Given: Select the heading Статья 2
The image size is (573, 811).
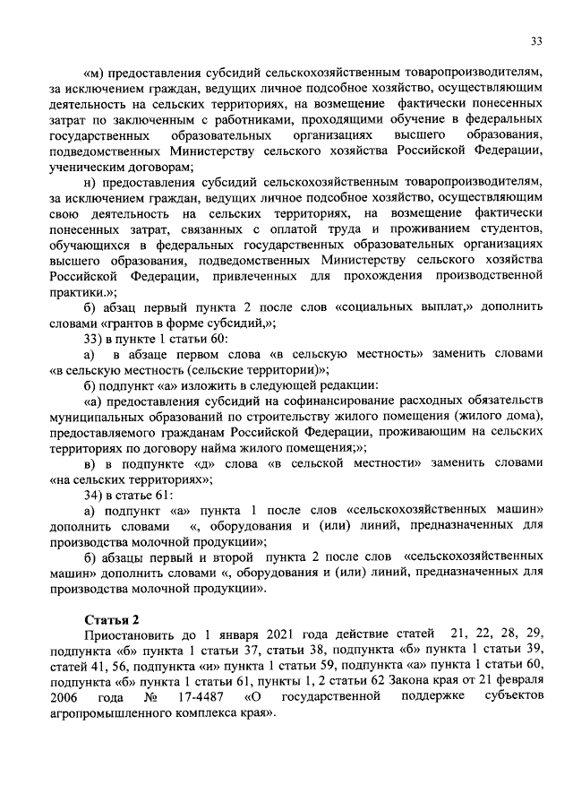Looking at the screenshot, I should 111,619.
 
